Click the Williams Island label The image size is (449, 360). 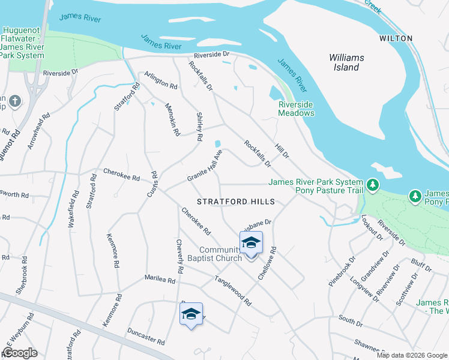click(x=346, y=62)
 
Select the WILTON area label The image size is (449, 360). click(x=396, y=38)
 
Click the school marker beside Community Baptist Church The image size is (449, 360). click(x=251, y=244)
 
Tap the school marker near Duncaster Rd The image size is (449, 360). click(x=191, y=314)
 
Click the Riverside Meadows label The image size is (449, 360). click(x=296, y=109)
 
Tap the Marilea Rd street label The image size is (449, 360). click(x=160, y=279)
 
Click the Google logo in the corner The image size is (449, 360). click(x=20, y=353)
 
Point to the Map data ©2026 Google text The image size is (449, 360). click(x=411, y=355)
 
